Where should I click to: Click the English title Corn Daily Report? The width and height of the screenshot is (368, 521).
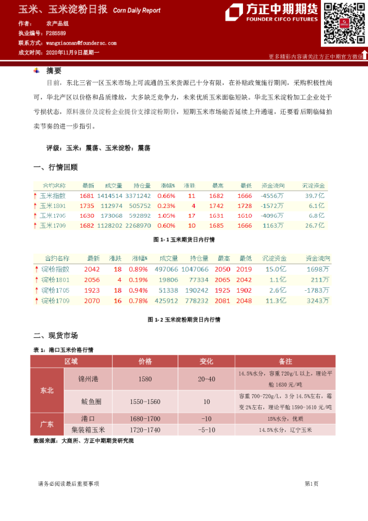click(x=137, y=11)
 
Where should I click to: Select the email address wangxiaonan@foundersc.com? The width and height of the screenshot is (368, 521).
click(x=81, y=43)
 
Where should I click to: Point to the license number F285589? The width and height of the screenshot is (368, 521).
click(x=56, y=33)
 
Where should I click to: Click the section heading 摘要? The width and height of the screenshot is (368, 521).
click(x=54, y=71)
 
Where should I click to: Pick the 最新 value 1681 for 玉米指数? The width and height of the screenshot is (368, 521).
click(x=87, y=196)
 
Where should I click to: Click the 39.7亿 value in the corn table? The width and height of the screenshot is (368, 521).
click(x=315, y=196)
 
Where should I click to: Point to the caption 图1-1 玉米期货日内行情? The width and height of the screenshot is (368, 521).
click(x=184, y=239)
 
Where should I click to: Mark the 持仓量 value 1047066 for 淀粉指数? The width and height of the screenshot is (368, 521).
click(x=196, y=269)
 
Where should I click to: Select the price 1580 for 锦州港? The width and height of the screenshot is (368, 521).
click(x=145, y=378)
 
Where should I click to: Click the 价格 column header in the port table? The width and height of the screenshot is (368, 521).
click(x=145, y=361)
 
